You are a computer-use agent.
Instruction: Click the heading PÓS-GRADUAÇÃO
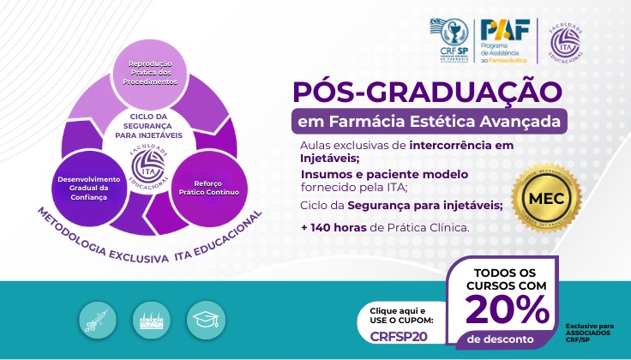tap(427, 90)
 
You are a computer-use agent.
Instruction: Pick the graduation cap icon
tap(204, 318)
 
